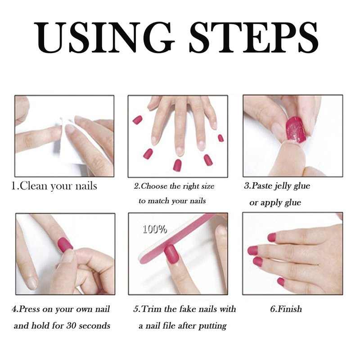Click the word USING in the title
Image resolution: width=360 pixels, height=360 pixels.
104,38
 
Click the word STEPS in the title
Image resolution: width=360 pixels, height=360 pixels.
254,38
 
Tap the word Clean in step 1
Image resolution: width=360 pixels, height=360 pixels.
33,186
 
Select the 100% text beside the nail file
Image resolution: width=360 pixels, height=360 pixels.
155,229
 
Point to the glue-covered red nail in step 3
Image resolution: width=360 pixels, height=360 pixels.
296,130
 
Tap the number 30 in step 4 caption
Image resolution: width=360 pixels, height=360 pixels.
72,325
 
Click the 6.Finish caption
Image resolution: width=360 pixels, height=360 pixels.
286,309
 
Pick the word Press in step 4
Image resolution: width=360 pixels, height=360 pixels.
29,309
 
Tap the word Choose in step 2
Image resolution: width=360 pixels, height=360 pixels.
154,186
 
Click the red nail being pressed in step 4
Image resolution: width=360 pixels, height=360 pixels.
65,245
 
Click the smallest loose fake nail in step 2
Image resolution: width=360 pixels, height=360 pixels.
220,138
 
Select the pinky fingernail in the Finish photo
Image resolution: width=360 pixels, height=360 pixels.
280,282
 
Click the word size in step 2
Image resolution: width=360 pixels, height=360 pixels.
207,186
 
